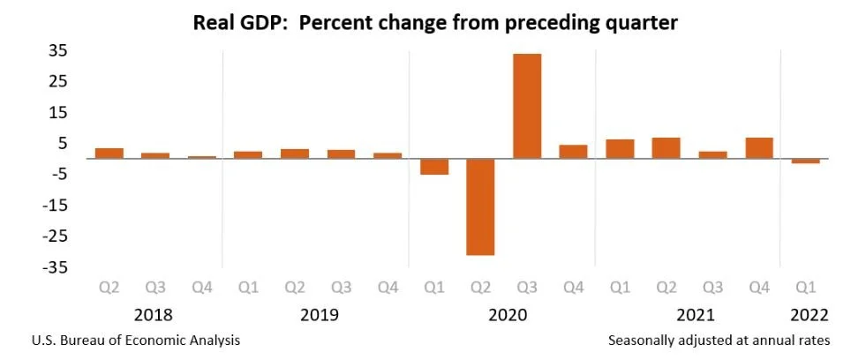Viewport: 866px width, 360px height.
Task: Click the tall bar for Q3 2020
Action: (527, 106)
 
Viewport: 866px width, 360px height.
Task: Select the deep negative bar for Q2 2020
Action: (480, 206)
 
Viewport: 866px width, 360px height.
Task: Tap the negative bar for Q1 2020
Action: (433, 167)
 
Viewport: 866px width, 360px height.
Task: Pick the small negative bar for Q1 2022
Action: (806, 161)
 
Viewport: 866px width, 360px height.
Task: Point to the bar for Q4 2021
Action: (759, 148)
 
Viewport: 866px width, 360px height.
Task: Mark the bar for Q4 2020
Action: (573, 152)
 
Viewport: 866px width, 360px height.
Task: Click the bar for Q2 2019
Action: (295, 154)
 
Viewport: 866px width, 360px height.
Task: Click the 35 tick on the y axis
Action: (58, 50)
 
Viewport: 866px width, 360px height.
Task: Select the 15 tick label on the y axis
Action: (58, 112)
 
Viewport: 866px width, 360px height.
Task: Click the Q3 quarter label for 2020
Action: (527, 288)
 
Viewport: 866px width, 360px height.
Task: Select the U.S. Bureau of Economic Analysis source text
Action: (135, 340)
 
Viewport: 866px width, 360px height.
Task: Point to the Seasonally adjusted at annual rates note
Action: (719, 340)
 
